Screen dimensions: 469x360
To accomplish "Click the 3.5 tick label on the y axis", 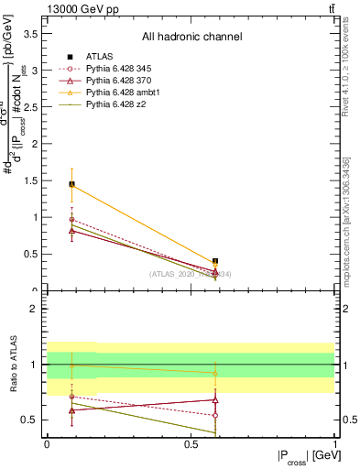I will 30,33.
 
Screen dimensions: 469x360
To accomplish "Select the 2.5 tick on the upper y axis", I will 30,106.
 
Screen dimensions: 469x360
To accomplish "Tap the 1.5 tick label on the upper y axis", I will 30,180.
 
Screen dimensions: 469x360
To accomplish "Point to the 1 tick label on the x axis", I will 335,444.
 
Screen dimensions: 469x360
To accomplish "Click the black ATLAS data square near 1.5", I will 71,184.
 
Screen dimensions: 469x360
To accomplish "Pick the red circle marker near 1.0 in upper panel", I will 71,220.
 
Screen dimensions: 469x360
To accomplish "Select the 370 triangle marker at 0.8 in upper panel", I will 71,231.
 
